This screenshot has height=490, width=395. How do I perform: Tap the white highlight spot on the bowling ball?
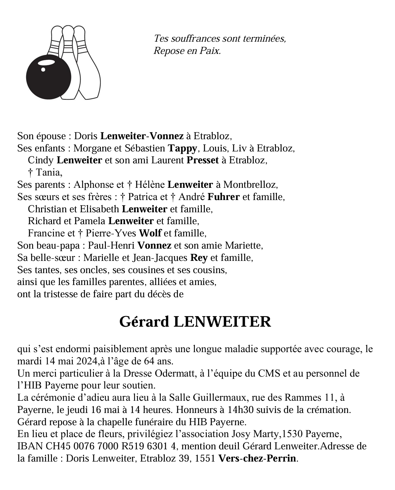tap(43, 69)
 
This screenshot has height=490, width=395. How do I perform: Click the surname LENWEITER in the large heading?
tap(222, 322)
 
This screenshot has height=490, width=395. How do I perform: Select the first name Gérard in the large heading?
tap(144, 322)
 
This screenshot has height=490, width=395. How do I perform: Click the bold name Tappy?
tap(183, 148)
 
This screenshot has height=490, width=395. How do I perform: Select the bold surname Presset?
tap(203, 160)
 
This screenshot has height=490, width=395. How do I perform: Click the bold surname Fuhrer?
tap(224, 197)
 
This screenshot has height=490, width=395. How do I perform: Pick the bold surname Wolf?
tap(150, 233)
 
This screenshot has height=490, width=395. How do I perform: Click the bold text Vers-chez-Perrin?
tap(257, 459)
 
